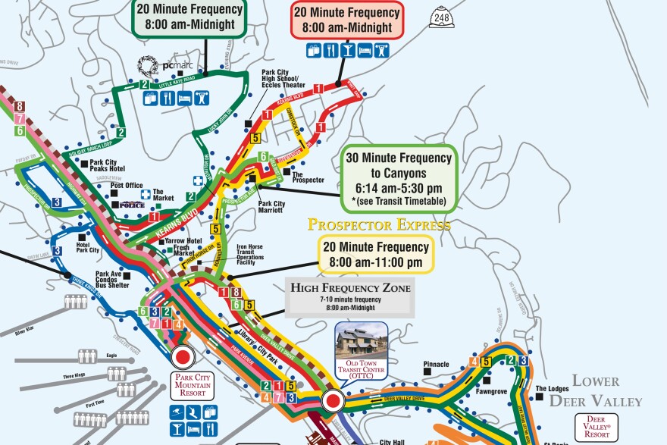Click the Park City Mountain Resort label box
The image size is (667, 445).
pyautogui.click(x=194, y=383)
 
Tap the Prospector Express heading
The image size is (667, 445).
pyautogui.click(x=378, y=224)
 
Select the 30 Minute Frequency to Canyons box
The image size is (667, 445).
pyautogui.click(x=399, y=180)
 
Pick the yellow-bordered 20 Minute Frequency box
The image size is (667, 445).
pyautogui.click(x=375, y=255)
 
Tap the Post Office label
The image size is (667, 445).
pyautogui.click(x=126, y=185)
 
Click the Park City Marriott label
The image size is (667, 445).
pyautogui.click(x=271, y=207)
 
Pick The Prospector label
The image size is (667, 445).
pyautogui.click(x=308, y=180)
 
